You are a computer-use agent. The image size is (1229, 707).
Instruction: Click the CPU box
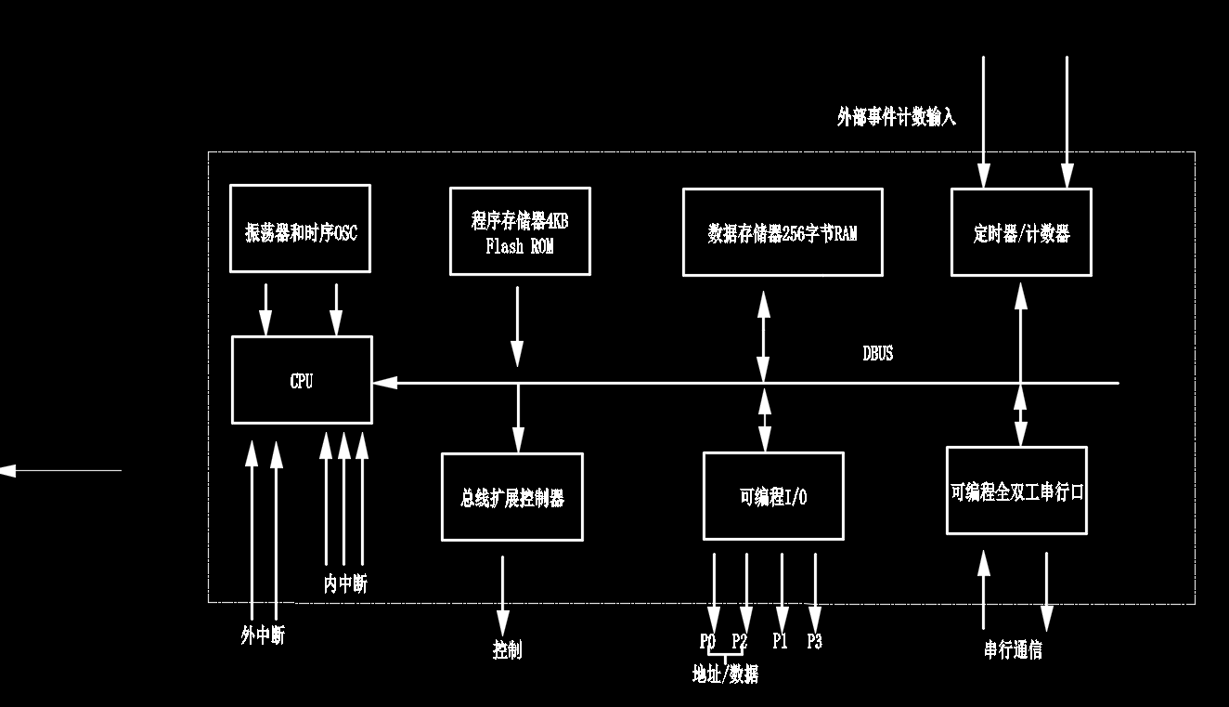302,380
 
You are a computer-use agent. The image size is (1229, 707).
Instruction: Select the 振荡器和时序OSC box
300,229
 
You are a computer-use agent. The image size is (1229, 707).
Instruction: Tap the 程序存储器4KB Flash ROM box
520,231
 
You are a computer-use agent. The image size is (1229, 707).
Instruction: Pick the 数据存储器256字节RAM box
783,232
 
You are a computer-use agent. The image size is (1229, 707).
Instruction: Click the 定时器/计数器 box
1021,232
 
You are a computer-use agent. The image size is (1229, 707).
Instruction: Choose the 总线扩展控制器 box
511,496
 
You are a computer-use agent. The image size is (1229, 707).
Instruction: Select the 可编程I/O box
773,496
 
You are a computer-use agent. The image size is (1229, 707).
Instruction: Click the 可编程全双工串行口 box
1016,491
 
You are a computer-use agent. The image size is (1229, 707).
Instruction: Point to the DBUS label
877,353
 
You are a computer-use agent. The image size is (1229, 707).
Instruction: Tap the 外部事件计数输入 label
896,117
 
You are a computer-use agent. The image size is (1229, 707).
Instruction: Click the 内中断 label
344,584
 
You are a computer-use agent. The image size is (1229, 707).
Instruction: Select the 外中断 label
263,636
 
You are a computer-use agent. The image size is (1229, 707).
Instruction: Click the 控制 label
507,649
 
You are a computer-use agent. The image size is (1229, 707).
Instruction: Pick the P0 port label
707,641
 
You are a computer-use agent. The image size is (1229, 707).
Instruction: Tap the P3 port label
814,641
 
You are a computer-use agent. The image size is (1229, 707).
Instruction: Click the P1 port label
780,641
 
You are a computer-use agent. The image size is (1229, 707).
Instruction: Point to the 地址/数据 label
725,674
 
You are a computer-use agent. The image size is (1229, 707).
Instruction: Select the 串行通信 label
1013,649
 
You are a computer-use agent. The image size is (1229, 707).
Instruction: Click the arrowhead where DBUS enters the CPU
383,383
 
